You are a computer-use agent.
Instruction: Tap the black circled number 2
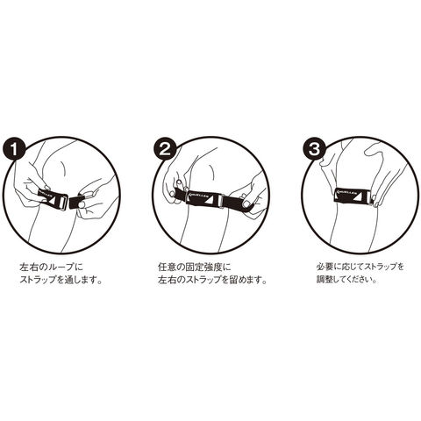click(166, 149)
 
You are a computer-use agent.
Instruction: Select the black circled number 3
click(315, 149)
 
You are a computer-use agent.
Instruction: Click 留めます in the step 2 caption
click(245, 280)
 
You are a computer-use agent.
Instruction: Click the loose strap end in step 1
click(76, 201)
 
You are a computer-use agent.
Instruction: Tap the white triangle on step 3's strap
click(363, 196)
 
